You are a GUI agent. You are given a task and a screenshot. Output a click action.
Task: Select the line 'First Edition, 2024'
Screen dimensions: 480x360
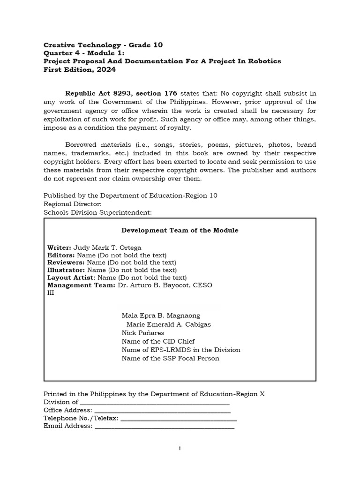tap(79, 70)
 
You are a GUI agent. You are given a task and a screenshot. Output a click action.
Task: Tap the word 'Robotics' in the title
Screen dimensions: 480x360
tap(264, 61)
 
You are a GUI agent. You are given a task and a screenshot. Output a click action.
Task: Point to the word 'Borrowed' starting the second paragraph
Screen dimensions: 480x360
tap(81, 145)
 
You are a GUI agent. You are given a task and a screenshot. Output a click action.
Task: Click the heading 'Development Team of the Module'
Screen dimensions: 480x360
tap(180, 230)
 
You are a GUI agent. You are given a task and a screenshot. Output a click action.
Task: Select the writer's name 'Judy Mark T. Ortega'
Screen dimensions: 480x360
tap(107, 247)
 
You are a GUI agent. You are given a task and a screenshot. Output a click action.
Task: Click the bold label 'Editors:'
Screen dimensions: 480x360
tap(61, 255)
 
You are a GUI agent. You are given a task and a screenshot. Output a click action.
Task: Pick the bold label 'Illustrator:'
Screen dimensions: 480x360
tap(66, 270)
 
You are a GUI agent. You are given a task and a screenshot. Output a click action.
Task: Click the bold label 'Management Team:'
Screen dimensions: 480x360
tap(81, 285)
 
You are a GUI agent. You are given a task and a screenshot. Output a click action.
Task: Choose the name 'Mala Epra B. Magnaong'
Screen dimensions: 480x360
tap(161, 315)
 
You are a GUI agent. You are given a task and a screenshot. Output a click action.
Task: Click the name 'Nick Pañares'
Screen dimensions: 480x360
tap(142, 333)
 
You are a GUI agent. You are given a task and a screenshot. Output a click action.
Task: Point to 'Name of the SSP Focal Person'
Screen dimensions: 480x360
tap(170, 359)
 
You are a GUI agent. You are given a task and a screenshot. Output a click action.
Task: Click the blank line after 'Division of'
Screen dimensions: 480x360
tap(155, 402)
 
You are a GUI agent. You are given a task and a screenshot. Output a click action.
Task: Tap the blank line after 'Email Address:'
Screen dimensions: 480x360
tap(164, 426)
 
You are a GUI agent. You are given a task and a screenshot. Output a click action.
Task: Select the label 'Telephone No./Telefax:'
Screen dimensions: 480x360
tap(81, 418)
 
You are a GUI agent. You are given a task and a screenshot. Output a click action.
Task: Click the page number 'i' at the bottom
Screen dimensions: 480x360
tap(180, 449)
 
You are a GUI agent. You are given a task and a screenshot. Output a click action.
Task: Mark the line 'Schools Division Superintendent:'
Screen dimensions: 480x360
tap(97, 212)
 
